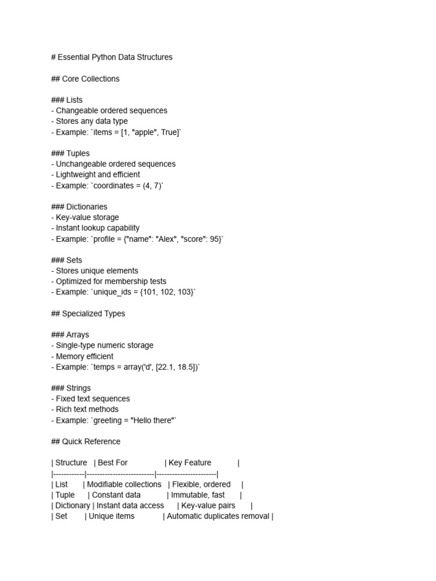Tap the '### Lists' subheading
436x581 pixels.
[x=67, y=100]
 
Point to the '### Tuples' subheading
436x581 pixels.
[x=70, y=153]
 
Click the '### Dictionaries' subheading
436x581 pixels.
[x=79, y=207]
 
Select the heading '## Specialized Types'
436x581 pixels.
[x=88, y=314]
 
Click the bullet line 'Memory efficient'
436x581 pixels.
[x=85, y=356]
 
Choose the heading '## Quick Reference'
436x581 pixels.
[x=86, y=441]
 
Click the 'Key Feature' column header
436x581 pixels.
[x=190, y=463]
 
